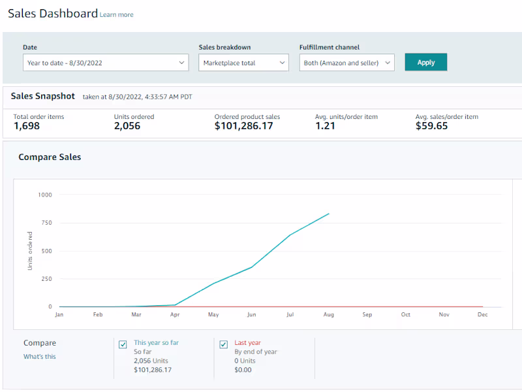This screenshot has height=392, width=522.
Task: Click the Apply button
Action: click(425, 63)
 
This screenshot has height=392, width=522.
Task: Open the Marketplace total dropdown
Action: click(243, 63)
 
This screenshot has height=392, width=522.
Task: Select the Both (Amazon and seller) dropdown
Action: click(347, 63)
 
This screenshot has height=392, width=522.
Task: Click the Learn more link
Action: click(117, 15)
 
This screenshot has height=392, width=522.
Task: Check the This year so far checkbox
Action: click(123, 345)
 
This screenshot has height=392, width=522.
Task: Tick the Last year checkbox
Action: click(224, 345)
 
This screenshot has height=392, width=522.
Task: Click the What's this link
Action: click(40, 357)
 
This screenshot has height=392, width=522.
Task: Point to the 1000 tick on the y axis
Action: click(45, 195)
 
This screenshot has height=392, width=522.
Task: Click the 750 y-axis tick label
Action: click(46, 223)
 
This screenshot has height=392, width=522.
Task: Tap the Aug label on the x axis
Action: click(329, 315)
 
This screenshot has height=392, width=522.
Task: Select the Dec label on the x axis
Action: click(483, 315)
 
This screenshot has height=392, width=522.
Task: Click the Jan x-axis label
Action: click(59, 315)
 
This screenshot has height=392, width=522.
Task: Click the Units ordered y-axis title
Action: click(30, 251)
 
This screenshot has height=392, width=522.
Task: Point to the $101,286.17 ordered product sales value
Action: click(243, 126)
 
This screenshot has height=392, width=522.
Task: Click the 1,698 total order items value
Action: click(27, 126)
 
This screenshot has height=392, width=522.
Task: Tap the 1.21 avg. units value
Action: click(325, 126)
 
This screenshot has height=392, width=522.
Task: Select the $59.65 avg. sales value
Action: click(431, 126)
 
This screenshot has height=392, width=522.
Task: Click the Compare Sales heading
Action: click(50, 157)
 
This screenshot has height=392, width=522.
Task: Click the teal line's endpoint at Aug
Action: click(329, 213)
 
